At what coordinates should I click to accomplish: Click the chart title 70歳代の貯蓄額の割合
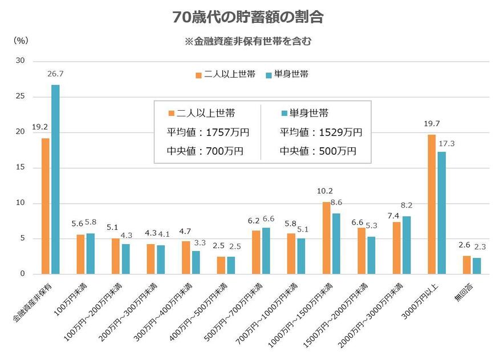[248, 17]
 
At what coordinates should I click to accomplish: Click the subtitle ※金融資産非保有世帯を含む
[248, 42]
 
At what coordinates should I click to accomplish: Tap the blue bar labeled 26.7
[55, 179]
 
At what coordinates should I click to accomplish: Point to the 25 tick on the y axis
[21, 96]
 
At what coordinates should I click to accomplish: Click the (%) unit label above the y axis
[21, 41]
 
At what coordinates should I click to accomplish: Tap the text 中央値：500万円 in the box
[318, 151]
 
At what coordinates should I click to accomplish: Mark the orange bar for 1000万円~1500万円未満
[326, 238]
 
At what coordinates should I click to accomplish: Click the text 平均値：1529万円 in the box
[321, 132]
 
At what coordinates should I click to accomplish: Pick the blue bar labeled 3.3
[196, 262]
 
